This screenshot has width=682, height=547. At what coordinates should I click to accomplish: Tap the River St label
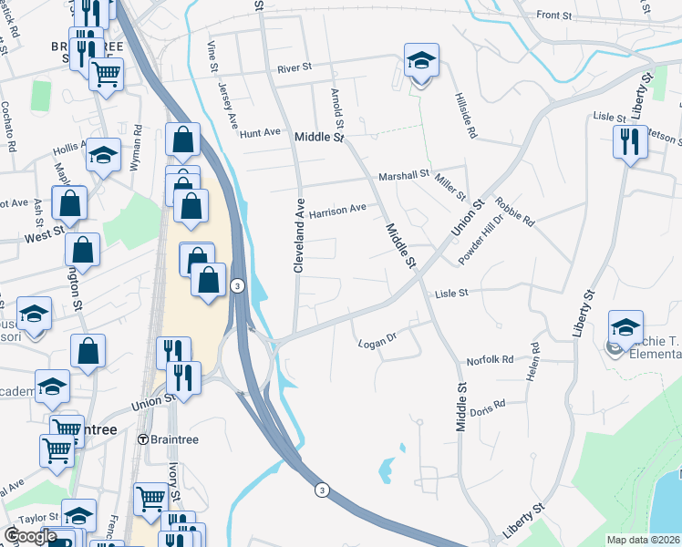[295, 67]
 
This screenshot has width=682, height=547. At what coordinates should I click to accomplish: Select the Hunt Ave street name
[260, 133]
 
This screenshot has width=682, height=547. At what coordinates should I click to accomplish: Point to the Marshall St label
[404, 175]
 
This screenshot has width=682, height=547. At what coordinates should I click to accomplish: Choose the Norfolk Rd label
[491, 360]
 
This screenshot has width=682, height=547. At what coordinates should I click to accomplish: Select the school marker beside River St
[420, 61]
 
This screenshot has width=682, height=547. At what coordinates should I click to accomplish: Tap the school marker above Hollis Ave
[104, 156]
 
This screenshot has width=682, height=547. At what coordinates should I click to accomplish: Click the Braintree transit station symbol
[143, 439]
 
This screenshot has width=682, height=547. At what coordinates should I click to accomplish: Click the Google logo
[30, 536]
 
